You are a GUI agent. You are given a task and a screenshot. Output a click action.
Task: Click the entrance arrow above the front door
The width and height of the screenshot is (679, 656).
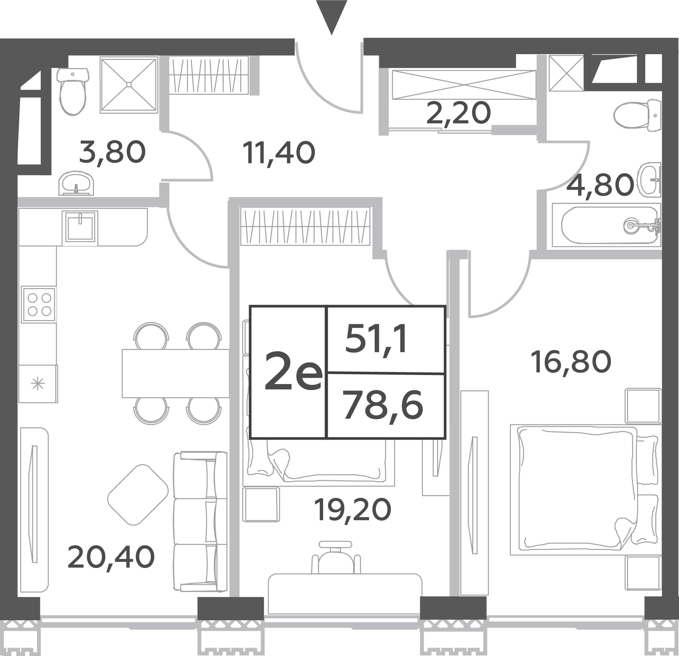pyautogui.click(x=331, y=17)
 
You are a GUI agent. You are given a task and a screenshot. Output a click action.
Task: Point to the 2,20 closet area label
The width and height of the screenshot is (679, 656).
pyautogui.click(x=458, y=113)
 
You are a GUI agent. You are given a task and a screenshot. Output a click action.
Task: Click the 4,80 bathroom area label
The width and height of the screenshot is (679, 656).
pyautogui.click(x=599, y=185)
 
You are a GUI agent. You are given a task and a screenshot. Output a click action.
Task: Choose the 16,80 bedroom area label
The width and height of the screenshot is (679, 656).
pyautogui.click(x=571, y=362)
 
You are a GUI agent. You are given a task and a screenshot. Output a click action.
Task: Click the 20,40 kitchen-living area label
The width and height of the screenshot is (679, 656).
pyautogui.click(x=111, y=557)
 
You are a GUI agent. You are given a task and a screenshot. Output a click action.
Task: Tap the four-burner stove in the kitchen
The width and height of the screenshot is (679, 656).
pyautogui.click(x=39, y=304)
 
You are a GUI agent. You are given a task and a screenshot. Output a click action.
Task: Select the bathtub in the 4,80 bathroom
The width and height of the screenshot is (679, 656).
pyautogui.click(x=606, y=225)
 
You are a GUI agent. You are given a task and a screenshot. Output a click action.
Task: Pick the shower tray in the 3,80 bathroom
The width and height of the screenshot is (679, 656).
pyautogui.click(x=129, y=85)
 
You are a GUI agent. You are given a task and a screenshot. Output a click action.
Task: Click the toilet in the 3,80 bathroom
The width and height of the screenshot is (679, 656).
pyautogui.click(x=73, y=91)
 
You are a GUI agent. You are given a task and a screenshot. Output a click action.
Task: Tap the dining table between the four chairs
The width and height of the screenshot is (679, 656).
pyautogui.click(x=176, y=373)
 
